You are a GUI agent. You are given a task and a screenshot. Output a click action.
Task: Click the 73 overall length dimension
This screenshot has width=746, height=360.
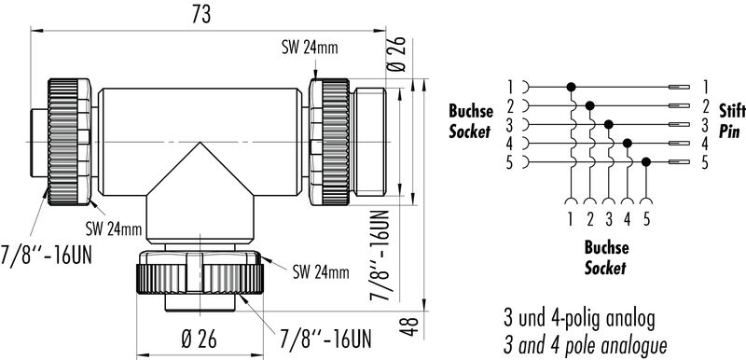pyautogui.click(x=201, y=15)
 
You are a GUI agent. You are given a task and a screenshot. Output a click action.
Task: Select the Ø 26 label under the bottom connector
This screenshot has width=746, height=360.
pyautogui.click(x=200, y=339)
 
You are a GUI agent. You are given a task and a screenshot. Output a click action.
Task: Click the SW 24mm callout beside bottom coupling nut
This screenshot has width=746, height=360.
pyautogui.click(x=321, y=272)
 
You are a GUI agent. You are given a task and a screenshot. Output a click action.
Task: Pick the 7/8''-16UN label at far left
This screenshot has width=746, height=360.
pyautogui.click(x=47, y=256)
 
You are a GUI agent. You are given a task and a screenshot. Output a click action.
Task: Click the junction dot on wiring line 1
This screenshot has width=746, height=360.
pyautogui.click(x=571, y=87)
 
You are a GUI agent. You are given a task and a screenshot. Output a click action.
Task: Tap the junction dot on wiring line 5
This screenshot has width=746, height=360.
pyautogui.click(x=645, y=162)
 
